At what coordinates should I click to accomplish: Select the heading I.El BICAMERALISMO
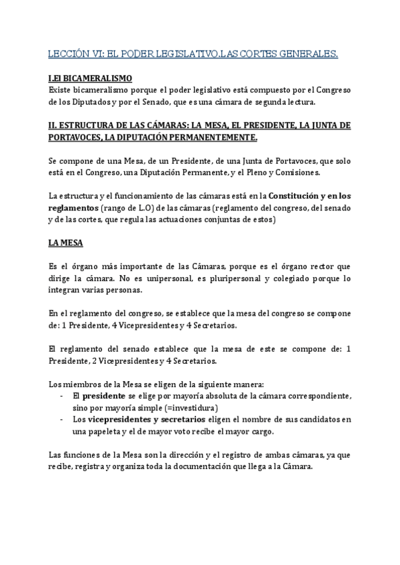tap(90, 79)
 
